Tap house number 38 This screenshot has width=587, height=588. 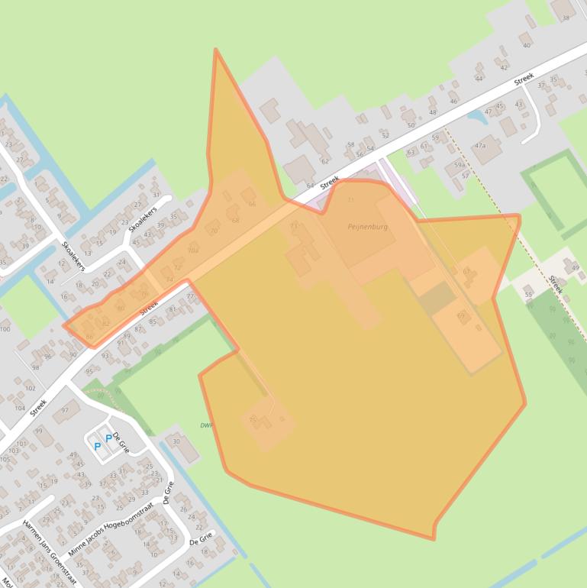click(x=566, y=18)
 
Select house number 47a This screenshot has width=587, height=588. click(x=480, y=144)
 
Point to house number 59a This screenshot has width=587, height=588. click(x=460, y=164)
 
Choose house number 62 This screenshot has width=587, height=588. click(x=324, y=161)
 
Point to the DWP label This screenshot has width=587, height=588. click(x=205, y=425)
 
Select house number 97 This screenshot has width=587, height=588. click(x=66, y=410)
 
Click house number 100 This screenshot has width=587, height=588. click(x=5, y=329)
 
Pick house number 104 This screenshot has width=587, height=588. click(x=20, y=409)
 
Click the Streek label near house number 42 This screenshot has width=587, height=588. click(x=524, y=79)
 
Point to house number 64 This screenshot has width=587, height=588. click(x=310, y=186)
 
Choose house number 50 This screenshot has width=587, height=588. click(x=411, y=124)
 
